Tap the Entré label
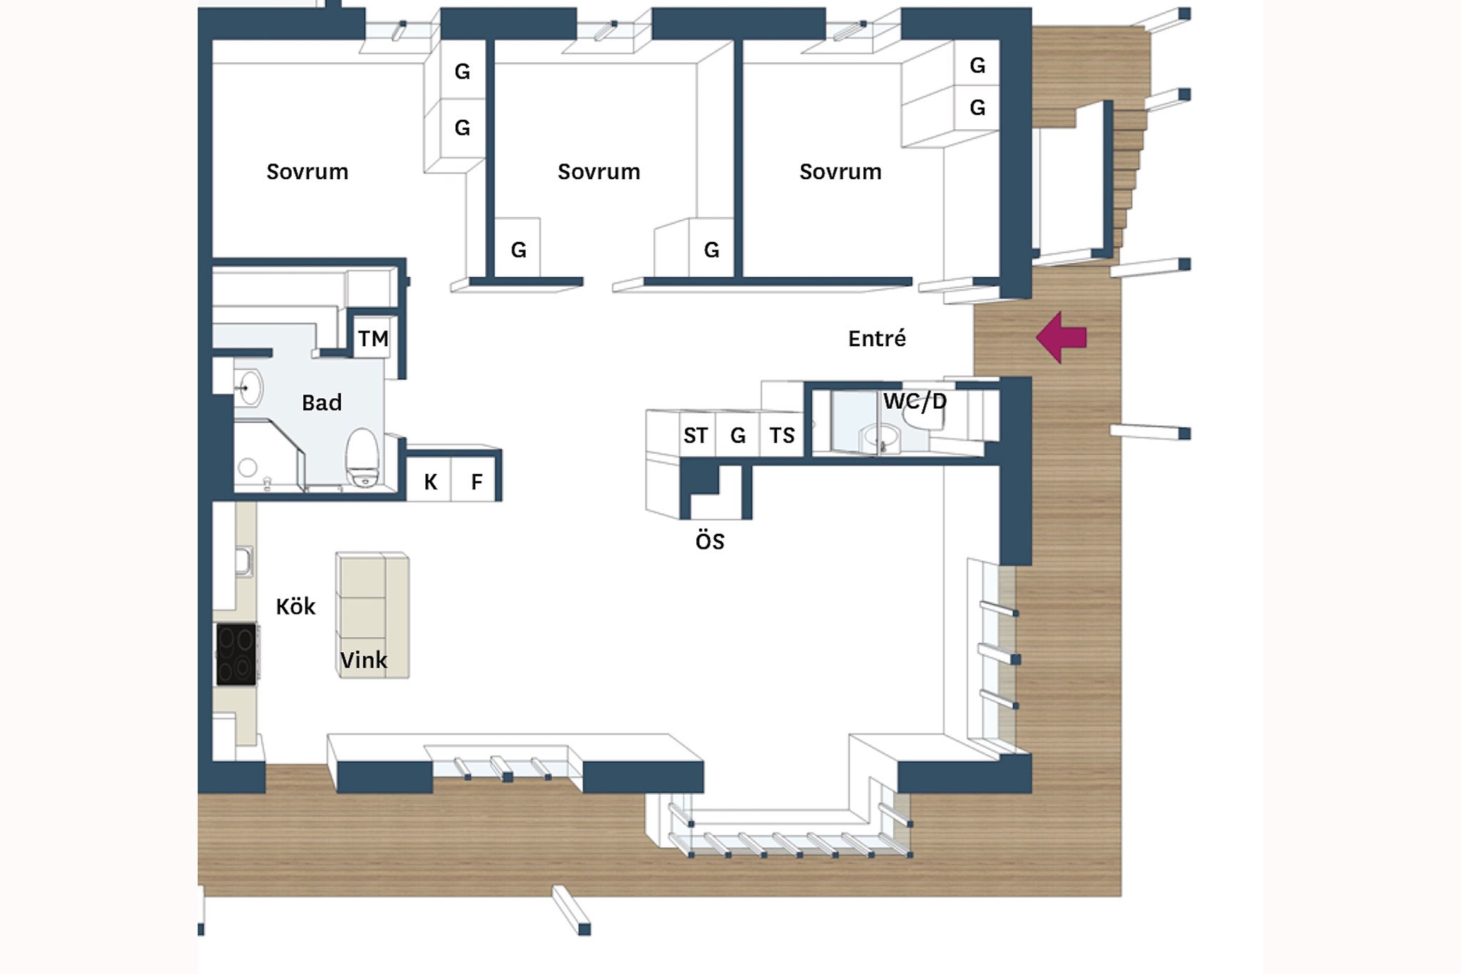click(x=877, y=338)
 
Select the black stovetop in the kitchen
click(x=237, y=654)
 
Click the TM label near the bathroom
click(x=373, y=338)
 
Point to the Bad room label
click(x=322, y=402)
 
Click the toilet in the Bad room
click(x=362, y=457)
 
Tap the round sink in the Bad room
click(x=248, y=388)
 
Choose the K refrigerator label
click(x=430, y=482)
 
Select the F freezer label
click(x=477, y=482)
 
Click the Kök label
click(x=295, y=606)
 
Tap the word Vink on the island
click(x=364, y=660)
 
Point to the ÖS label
click(x=710, y=540)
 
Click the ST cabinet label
click(x=696, y=435)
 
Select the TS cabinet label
click(x=782, y=435)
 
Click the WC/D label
click(x=915, y=401)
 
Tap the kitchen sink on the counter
click(x=244, y=562)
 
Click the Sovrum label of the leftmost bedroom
click(x=307, y=171)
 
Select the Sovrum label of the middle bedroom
click(x=599, y=171)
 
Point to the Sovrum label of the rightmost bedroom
click(x=840, y=171)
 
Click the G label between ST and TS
click(x=738, y=435)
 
